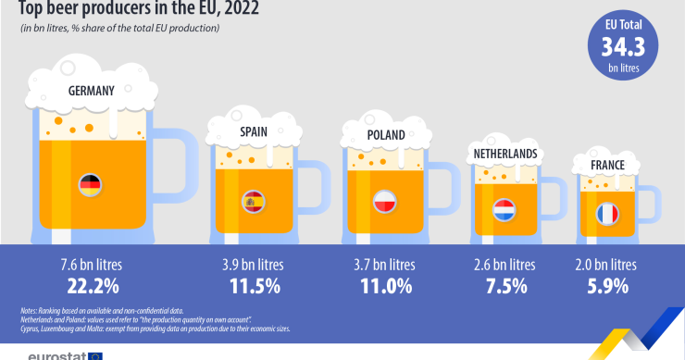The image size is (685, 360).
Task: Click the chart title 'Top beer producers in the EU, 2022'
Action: [132, 10]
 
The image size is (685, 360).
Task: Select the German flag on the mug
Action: [91, 183]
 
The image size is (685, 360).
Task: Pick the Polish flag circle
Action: [385, 202]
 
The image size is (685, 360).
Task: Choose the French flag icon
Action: [607, 214]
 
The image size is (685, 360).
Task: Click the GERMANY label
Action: [91, 91]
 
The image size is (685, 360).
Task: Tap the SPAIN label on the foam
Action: [254, 132]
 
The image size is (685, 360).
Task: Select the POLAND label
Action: [385, 135]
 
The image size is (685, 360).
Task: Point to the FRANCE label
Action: [607, 166]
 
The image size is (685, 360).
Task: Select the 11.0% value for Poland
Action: [385, 286]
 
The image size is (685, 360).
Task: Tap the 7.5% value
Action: [504, 286]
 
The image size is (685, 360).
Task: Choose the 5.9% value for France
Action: [607, 286]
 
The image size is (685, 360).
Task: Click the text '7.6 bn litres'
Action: [91, 265]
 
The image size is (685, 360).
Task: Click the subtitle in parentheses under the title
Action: [120, 29]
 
